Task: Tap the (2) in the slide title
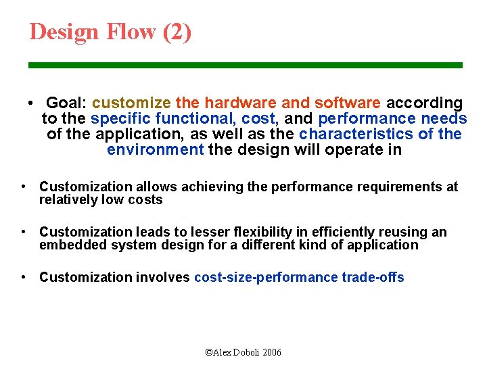pos(177,32)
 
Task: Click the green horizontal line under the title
pos(245,66)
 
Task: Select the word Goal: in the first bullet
pos(66,103)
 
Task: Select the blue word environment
pos(155,149)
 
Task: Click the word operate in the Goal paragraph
pos(352,149)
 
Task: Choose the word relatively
pos(68,199)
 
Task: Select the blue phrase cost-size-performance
pos(265,278)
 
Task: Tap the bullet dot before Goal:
pos(31,103)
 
